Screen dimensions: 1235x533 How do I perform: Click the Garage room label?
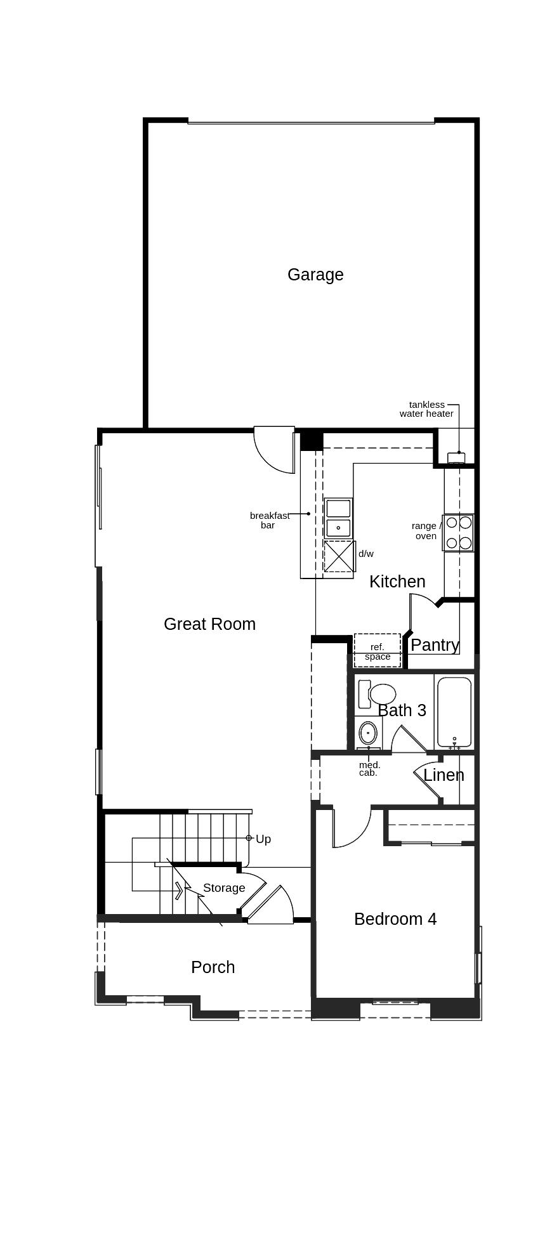pyautogui.click(x=315, y=275)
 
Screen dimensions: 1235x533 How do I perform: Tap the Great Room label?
pyautogui.click(x=209, y=624)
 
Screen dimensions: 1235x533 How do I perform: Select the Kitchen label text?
pyautogui.click(x=397, y=582)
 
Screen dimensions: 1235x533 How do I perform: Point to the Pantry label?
pyautogui.click(x=435, y=645)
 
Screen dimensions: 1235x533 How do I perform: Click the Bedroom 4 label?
pyautogui.click(x=395, y=919)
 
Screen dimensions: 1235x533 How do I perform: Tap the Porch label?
pyautogui.click(x=213, y=967)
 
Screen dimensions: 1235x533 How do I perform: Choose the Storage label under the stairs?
pyautogui.click(x=224, y=888)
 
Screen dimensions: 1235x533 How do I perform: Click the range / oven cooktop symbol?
pyautogui.click(x=458, y=533)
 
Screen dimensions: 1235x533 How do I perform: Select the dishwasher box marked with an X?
pyautogui.click(x=339, y=556)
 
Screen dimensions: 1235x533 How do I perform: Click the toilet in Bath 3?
pyautogui.click(x=381, y=693)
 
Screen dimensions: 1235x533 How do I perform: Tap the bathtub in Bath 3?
pyautogui.click(x=454, y=712)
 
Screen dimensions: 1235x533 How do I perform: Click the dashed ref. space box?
pyautogui.click(x=378, y=651)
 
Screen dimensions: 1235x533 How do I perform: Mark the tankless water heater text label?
pyautogui.click(x=426, y=409)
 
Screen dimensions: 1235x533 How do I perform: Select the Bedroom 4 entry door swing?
pyautogui.click(x=350, y=828)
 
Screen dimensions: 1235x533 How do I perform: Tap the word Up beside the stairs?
pyautogui.click(x=263, y=839)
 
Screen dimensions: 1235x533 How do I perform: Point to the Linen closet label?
pyautogui.click(x=444, y=775)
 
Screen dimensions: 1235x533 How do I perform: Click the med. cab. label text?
pyautogui.click(x=369, y=769)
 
